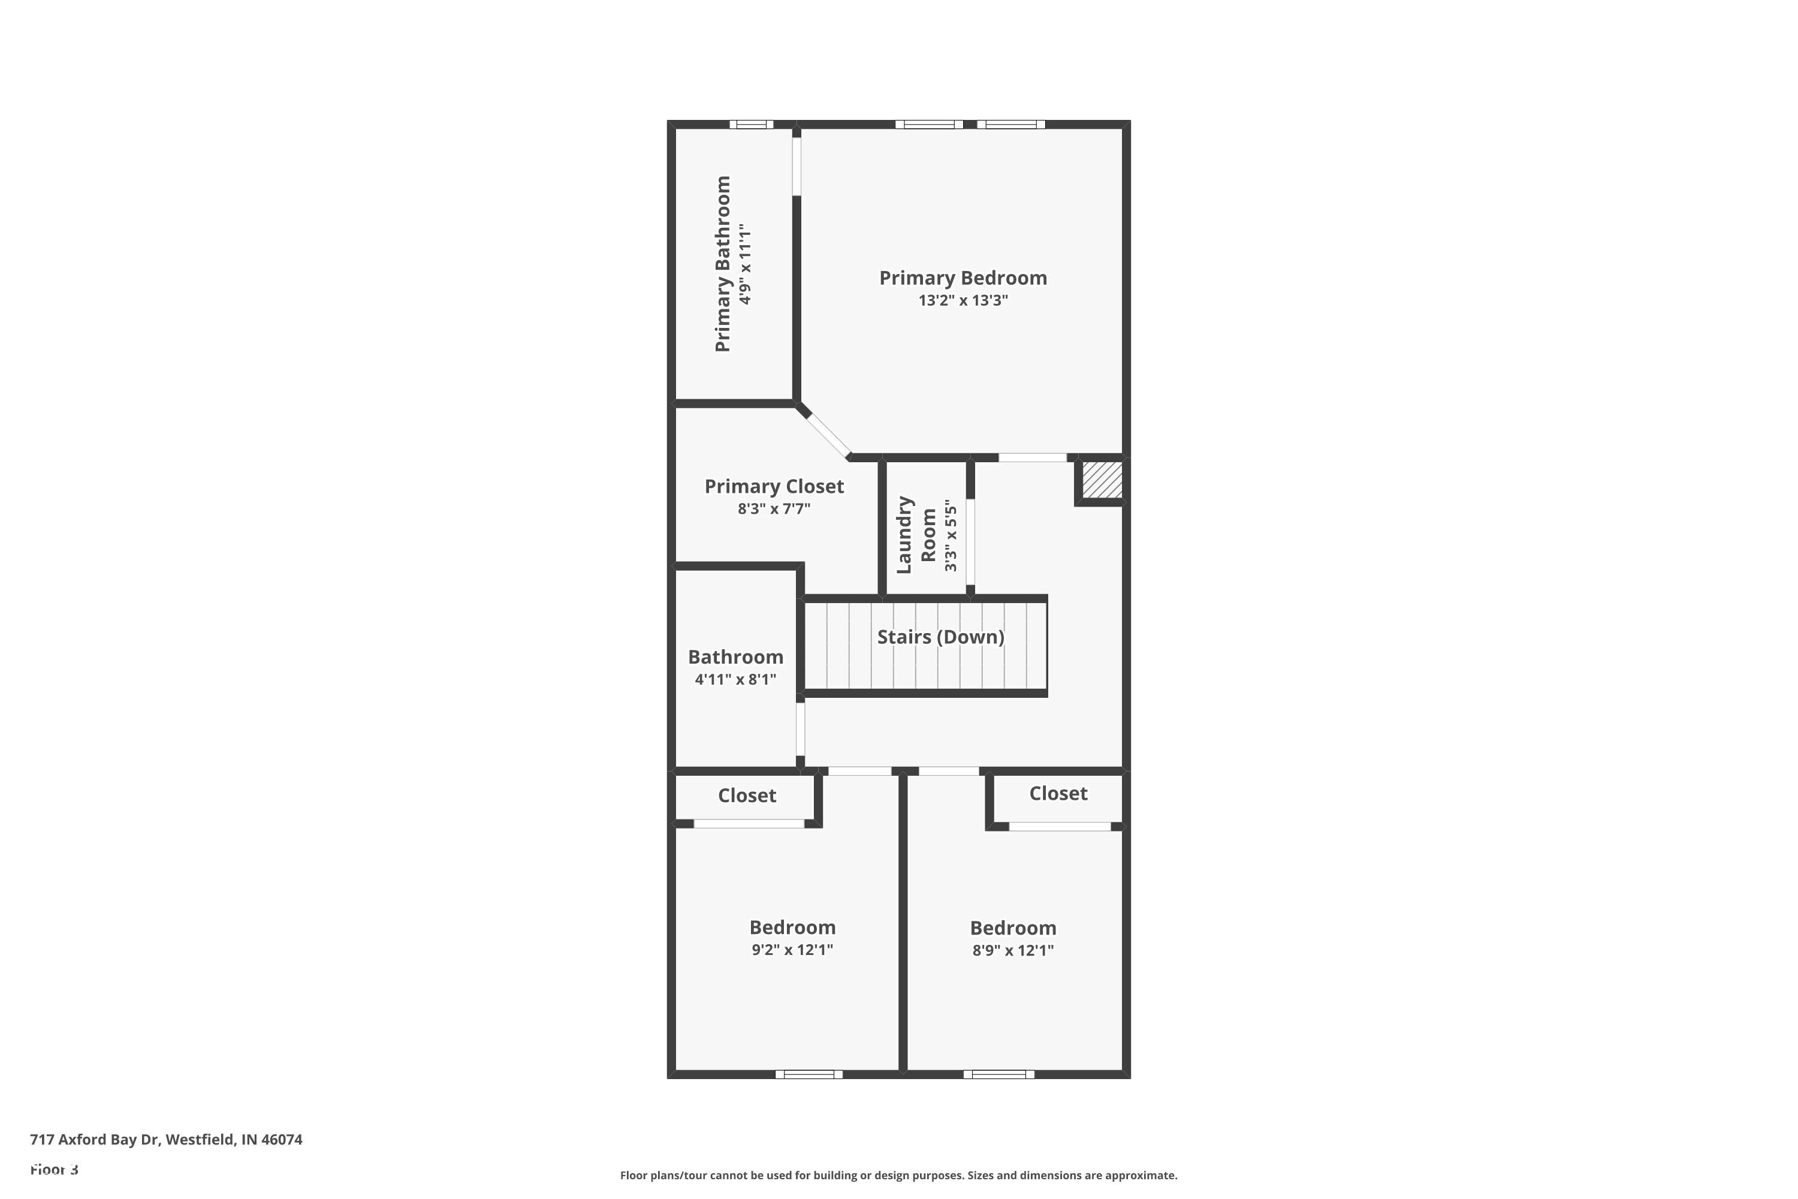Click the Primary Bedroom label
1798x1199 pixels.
click(x=963, y=278)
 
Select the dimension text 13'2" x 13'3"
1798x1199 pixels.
click(x=963, y=300)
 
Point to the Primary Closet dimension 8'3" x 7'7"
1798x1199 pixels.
click(x=774, y=508)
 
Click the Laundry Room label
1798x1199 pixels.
click(x=916, y=535)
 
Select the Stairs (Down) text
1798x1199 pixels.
click(x=940, y=637)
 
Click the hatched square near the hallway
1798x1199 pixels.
click(x=1102, y=480)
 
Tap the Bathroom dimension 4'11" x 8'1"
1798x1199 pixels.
click(x=735, y=679)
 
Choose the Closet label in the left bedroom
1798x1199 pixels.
click(x=747, y=796)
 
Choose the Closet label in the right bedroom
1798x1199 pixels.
click(x=1058, y=794)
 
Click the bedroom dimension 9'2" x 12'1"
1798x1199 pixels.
click(x=792, y=950)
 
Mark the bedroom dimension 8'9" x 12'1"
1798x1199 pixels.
click(x=1013, y=950)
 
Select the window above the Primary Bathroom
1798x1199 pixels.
click(x=751, y=125)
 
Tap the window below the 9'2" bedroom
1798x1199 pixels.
click(x=809, y=1074)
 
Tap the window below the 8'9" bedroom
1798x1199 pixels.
click(x=998, y=1074)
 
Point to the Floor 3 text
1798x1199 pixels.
click(x=55, y=1169)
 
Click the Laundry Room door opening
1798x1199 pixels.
click(x=970, y=541)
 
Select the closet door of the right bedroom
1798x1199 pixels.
click(x=1060, y=827)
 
